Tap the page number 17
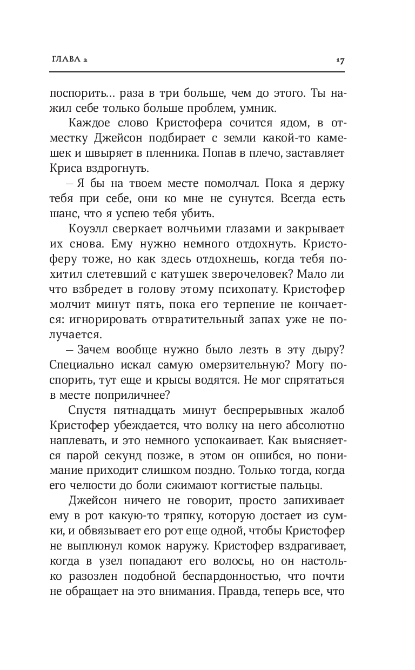(x=340, y=61)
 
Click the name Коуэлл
(x=88, y=229)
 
